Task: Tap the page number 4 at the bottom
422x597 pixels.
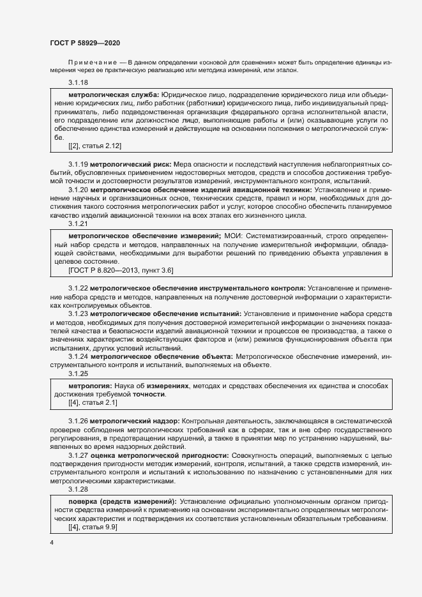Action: (x=52, y=543)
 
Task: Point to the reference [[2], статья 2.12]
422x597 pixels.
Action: (x=94, y=146)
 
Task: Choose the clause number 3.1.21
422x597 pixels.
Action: (x=78, y=224)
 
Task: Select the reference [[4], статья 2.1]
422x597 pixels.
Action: (x=92, y=404)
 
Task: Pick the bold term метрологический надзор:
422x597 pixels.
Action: (x=134, y=421)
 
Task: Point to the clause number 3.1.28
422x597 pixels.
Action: (x=78, y=489)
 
